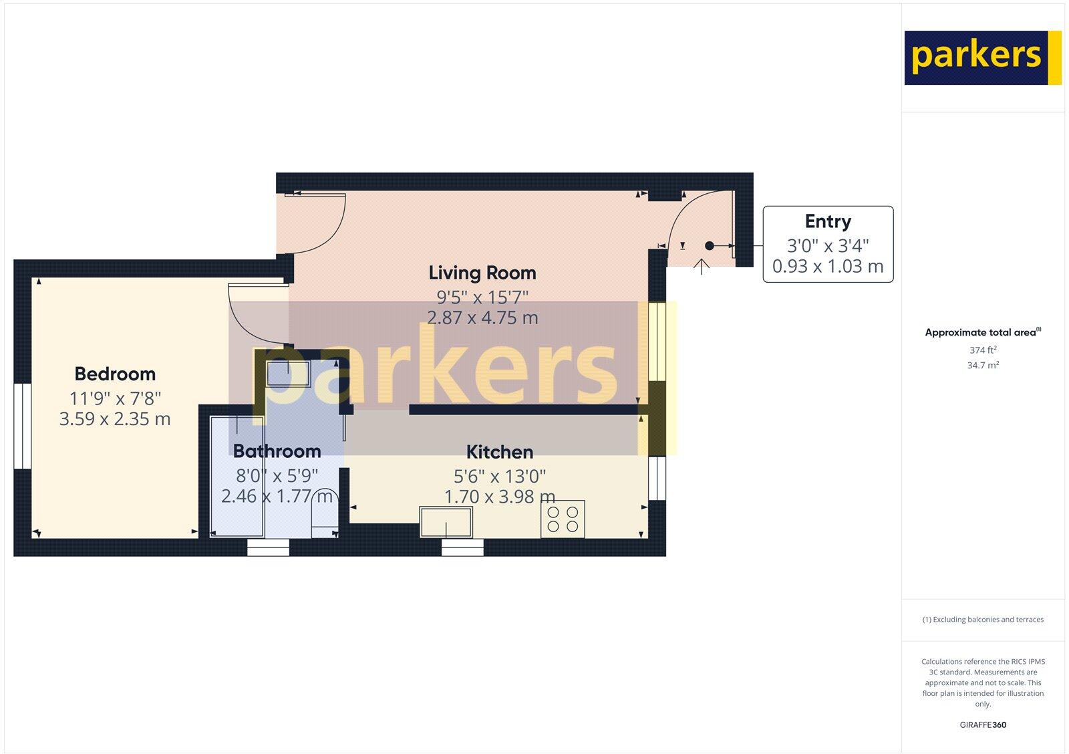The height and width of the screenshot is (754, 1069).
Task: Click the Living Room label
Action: click(x=482, y=273)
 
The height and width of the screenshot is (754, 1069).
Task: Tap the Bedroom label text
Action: click(x=115, y=374)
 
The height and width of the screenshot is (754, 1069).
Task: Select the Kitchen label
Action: click(x=499, y=452)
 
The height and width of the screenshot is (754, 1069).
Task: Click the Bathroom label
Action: click(x=277, y=451)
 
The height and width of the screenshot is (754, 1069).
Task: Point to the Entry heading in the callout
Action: click(x=828, y=221)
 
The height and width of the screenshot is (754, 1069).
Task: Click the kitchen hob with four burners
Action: click(x=563, y=519)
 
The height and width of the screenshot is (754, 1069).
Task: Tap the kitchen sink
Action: click(x=446, y=521)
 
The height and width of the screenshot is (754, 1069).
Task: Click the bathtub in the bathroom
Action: click(x=237, y=475)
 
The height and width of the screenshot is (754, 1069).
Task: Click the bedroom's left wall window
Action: click(x=23, y=426)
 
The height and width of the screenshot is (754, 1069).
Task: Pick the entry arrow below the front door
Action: click(x=701, y=267)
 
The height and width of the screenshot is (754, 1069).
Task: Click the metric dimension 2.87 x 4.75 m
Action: click(x=482, y=318)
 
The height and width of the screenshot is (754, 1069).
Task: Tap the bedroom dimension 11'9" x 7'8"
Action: click(x=115, y=398)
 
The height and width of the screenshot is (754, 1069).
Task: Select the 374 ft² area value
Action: click(x=983, y=350)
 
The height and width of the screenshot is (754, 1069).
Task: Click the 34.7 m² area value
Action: click(x=983, y=365)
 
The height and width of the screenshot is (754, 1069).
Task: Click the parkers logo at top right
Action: click(x=982, y=57)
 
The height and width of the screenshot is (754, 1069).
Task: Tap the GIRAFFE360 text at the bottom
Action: click(x=983, y=725)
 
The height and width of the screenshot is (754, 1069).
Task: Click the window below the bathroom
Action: click(x=269, y=548)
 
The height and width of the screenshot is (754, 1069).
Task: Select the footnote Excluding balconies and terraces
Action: click(x=983, y=620)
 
